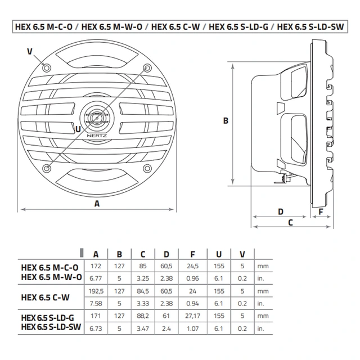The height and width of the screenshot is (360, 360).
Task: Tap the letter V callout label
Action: click(x=29, y=51)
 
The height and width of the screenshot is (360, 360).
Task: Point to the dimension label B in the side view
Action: click(x=224, y=120)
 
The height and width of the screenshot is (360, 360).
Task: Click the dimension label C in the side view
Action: click(x=290, y=222)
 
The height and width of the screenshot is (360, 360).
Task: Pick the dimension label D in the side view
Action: click(x=280, y=211)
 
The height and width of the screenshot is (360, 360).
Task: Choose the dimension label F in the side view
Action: click(x=321, y=211)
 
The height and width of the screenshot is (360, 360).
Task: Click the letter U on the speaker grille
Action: click(x=77, y=128)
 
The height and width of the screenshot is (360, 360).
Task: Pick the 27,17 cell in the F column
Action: click(x=193, y=317)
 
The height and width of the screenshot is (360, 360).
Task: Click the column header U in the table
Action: click(x=219, y=253)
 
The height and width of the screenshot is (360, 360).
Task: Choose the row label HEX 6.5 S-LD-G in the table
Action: click(x=51, y=317)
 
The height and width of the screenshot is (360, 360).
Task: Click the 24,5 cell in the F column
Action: click(x=193, y=265)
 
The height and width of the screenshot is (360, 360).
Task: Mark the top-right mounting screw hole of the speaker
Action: click(x=147, y=67)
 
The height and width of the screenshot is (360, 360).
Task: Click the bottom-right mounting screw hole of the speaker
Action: click(x=147, y=168)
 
